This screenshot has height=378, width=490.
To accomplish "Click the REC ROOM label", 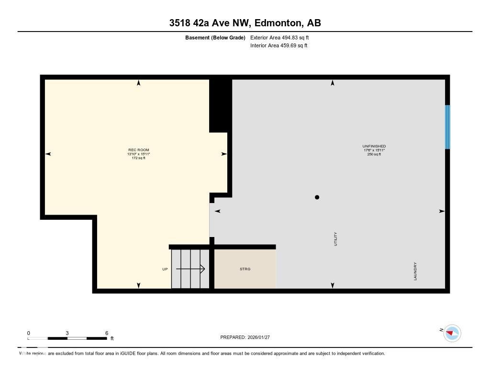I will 138,150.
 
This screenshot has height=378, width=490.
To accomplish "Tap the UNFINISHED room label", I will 374,146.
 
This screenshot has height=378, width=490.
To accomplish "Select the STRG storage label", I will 245,269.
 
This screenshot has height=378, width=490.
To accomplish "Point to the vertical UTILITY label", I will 335,239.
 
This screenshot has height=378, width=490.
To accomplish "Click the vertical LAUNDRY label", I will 415,271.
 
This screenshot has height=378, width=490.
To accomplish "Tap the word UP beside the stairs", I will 165,269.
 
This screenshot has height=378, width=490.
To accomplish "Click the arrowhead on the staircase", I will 202,269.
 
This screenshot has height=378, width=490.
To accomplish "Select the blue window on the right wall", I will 447,127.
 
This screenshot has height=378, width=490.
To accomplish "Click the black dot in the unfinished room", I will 317,197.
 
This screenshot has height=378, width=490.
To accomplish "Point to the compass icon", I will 452,333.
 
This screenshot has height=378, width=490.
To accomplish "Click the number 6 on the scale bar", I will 107,333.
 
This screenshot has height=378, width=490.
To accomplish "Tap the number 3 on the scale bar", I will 67,333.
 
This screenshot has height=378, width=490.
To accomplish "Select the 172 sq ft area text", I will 138,158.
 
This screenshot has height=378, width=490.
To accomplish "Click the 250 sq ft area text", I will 374,154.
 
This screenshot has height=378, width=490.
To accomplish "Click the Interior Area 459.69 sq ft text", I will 278,46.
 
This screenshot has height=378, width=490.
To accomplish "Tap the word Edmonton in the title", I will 278,22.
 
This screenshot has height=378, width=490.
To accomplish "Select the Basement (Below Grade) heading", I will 215,37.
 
